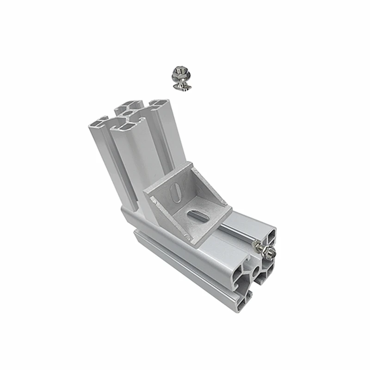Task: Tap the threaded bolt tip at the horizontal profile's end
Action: tap(273, 253)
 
